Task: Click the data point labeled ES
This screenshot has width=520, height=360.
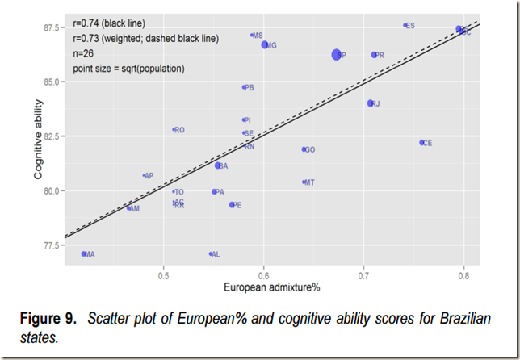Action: click(405, 25)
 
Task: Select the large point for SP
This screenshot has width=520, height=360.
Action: click(337, 54)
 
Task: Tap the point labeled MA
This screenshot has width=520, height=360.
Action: click(84, 253)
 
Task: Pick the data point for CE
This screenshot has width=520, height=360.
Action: click(421, 143)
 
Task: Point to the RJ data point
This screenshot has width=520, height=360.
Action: click(371, 103)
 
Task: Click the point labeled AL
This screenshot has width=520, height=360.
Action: click(211, 254)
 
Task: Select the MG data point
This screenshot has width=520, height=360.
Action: click(265, 45)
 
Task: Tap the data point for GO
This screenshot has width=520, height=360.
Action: click(304, 149)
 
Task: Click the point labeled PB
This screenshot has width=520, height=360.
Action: click(244, 87)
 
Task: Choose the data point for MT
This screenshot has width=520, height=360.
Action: click(304, 182)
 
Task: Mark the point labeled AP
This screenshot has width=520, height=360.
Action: click(144, 176)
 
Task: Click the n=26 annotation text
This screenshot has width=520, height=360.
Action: click(86, 53)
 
